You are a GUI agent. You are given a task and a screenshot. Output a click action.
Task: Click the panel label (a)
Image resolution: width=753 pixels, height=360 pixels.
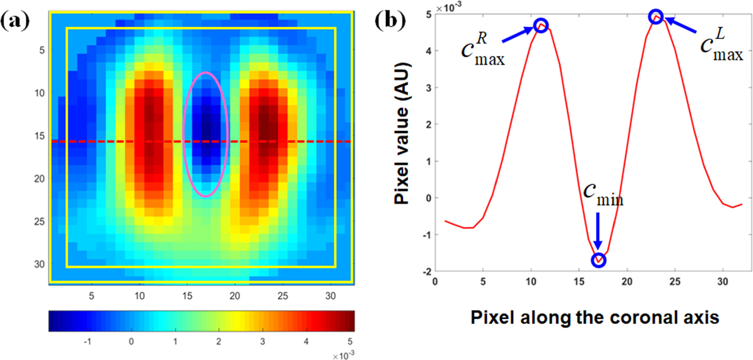click(15, 21)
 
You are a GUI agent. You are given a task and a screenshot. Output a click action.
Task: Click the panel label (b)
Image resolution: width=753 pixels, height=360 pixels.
click(390, 21)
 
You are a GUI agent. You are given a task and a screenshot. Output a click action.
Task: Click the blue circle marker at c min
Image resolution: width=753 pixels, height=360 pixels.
click(599, 260)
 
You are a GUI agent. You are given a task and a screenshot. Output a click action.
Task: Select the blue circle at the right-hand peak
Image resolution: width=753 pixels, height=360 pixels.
click(656, 17)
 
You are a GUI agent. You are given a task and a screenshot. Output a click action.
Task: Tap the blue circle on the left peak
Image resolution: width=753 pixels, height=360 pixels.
click(541, 25)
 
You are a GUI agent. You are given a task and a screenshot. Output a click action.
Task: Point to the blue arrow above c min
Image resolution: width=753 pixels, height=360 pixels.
click(598, 230)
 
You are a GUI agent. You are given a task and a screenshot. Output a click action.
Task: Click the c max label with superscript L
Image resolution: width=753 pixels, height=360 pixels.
click(721, 46)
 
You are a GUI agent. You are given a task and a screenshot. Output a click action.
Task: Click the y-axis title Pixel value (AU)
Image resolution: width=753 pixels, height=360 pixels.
click(402, 133)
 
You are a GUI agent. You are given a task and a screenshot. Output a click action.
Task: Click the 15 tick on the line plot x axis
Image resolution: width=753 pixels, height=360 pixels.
click(579, 281)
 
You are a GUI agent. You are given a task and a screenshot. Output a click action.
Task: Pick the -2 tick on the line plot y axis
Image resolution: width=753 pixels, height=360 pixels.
click(427, 272)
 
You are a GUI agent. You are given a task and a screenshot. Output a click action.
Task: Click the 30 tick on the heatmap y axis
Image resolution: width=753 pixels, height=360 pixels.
click(39, 264)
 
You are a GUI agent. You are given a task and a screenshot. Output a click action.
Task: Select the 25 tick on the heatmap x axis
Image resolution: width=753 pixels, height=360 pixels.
click(283, 296)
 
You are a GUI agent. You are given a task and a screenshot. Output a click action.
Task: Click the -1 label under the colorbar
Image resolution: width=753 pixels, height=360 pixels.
click(87, 341)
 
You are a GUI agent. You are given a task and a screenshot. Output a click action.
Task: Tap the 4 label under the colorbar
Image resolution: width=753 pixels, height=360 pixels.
click(306, 341)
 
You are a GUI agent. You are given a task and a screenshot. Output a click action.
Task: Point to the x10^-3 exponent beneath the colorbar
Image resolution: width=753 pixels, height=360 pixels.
click(343, 355)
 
